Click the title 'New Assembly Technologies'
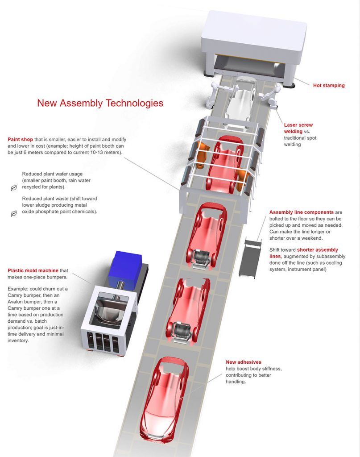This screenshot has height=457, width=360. (x=100, y=103)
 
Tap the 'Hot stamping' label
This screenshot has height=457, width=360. (x=328, y=85)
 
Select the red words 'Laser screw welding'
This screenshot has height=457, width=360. (x=299, y=129)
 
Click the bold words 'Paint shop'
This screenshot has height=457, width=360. (x=21, y=139)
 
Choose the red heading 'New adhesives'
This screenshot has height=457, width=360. (x=243, y=362)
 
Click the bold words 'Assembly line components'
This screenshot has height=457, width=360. (x=301, y=212)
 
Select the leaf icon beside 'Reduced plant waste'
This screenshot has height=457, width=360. (x=13, y=213)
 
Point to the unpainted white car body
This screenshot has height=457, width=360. (x=240, y=100)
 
